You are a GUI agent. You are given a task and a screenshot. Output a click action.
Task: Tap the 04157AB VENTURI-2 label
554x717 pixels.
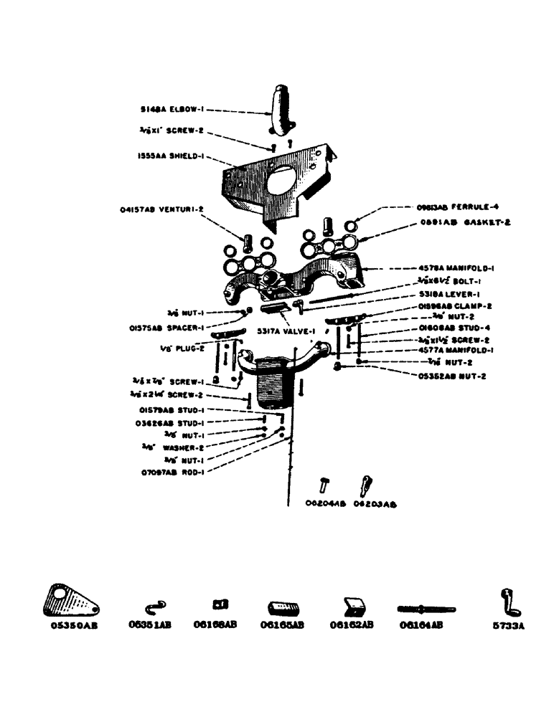pos(162,210)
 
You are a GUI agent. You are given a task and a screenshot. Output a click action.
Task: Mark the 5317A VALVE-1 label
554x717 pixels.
pos(287,332)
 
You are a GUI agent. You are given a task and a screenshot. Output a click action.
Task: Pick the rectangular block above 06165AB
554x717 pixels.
pos(281,609)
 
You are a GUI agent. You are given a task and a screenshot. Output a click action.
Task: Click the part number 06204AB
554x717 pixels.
pos(326,503)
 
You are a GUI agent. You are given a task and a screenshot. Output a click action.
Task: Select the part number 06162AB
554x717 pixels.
pos(352,625)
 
